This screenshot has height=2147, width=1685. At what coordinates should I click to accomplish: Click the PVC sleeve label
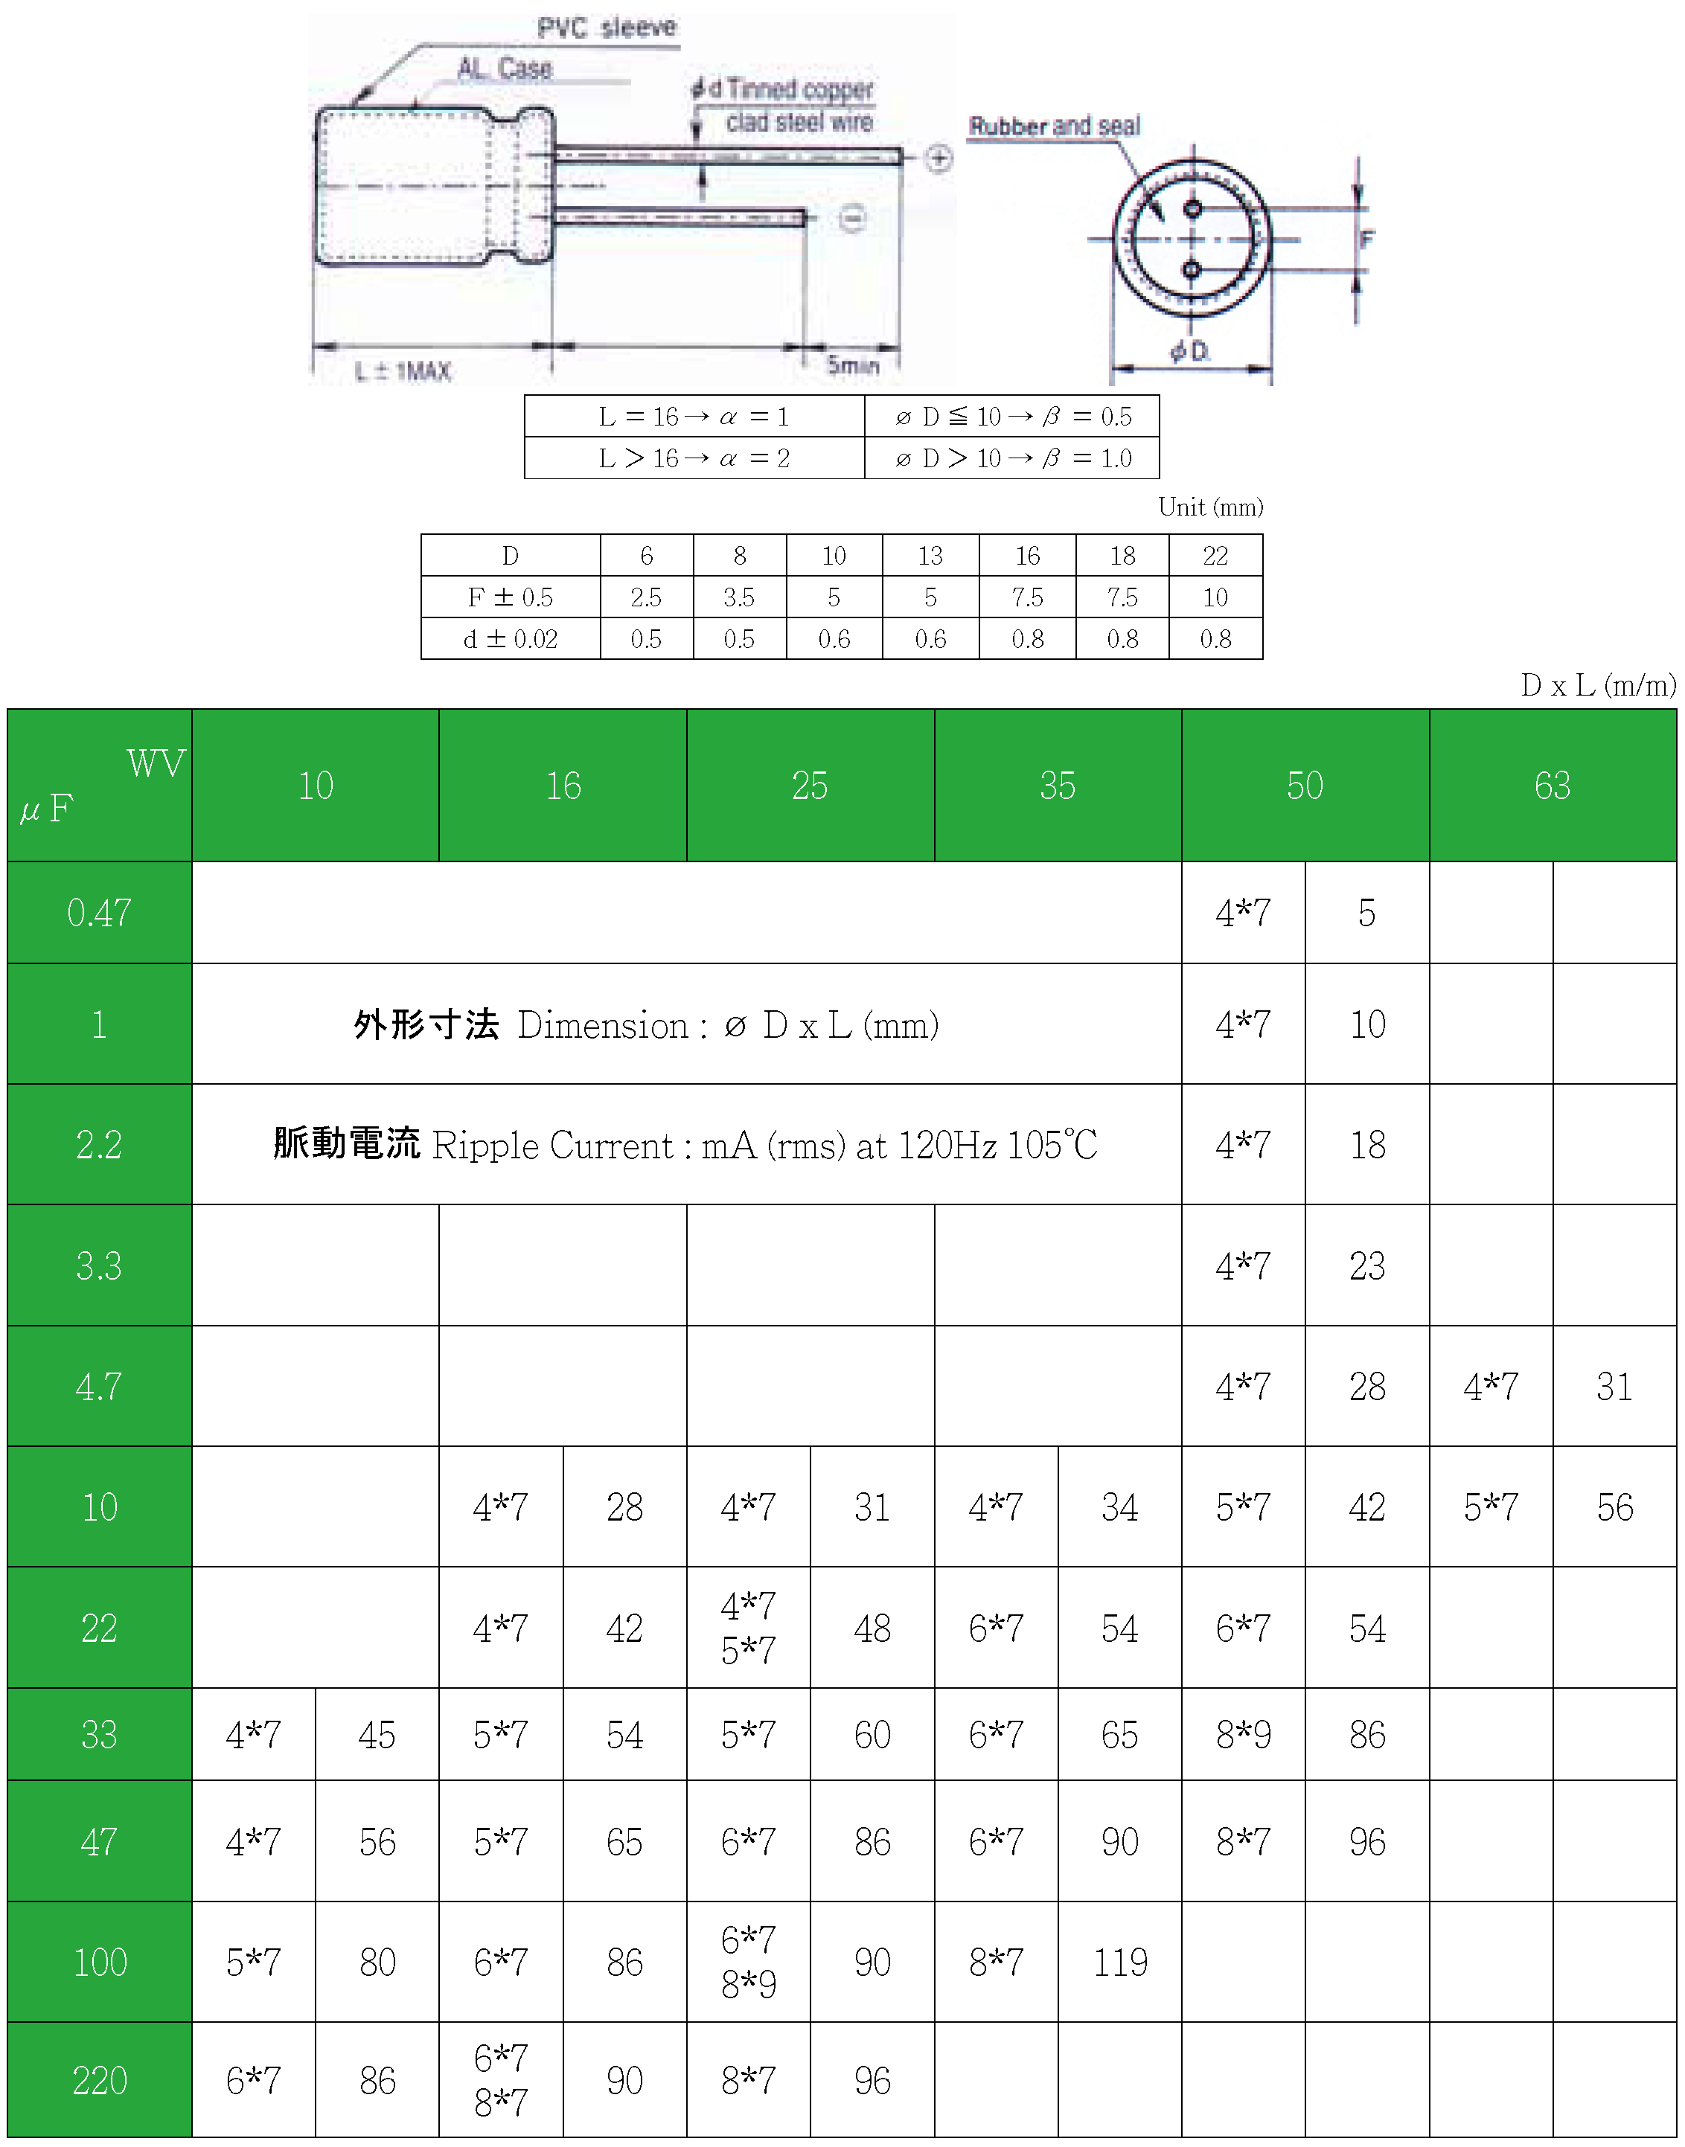click(607, 28)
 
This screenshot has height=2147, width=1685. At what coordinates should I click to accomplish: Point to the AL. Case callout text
click(504, 68)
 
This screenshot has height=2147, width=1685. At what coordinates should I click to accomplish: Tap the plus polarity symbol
click(939, 158)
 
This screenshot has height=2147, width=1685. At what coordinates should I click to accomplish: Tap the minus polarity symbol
click(852, 218)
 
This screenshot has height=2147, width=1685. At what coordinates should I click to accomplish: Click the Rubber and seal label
click(1055, 126)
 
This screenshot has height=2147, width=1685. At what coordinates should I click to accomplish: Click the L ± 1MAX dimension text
click(403, 370)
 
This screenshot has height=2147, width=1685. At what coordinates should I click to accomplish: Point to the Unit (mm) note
click(1210, 507)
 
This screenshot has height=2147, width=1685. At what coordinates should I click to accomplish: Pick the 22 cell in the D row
click(1215, 556)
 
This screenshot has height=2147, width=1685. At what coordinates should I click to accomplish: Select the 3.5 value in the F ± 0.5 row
click(739, 597)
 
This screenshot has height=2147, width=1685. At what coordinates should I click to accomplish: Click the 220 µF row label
click(100, 2080)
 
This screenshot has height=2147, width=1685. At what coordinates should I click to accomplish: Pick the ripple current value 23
click(1367, 1265)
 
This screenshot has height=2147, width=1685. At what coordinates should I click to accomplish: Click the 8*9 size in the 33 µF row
click(1243, 1735)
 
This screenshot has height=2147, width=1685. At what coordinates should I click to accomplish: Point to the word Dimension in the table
click(603, 1026)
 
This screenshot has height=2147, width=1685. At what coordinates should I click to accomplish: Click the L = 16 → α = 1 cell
click(694, 416)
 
